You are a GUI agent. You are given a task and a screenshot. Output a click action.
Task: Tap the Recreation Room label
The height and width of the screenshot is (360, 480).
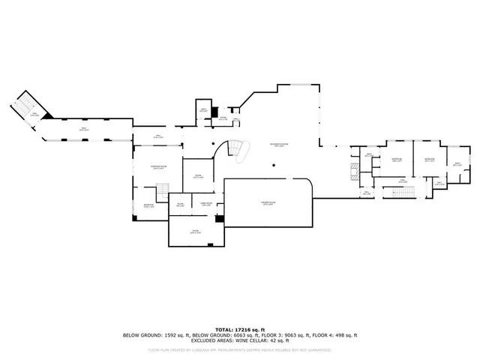pos(280,145)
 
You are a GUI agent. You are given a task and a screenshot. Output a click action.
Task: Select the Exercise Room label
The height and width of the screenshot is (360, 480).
pos(158,169)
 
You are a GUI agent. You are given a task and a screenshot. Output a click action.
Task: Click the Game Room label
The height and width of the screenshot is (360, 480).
pos(205,203)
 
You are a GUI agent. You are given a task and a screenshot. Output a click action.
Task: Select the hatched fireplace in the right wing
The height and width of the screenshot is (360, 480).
pos(353,171)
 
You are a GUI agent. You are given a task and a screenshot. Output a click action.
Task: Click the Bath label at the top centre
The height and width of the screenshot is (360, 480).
pos(203,112)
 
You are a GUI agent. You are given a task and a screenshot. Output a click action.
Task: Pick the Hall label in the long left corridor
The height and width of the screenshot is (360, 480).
pos(83,130)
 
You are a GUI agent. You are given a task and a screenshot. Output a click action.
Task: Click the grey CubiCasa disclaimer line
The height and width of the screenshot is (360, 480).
pos(239,349)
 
